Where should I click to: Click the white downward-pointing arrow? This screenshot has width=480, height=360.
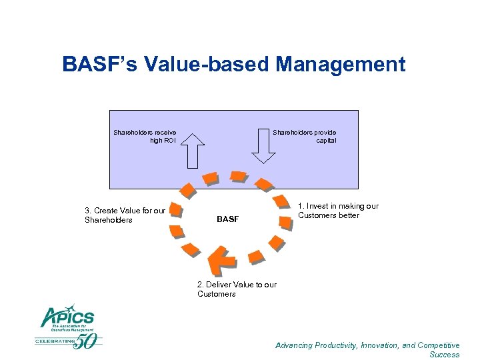pos(263,148)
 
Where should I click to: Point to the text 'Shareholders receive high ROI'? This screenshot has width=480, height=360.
pos(145,137)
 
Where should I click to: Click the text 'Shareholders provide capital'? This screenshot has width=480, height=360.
pos(305,137)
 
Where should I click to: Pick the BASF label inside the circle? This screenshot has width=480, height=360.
pos(227,219)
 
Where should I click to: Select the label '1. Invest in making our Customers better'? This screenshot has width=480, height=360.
pos(338,211)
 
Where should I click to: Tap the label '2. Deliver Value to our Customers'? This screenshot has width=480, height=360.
pos(237,289)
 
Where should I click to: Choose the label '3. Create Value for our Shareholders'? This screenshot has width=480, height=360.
pos(125,215)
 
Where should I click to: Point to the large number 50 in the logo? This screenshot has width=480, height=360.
pos(88,341)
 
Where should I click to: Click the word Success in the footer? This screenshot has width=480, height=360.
pos(445,355)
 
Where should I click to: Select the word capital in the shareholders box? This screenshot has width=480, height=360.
pos(326,141)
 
